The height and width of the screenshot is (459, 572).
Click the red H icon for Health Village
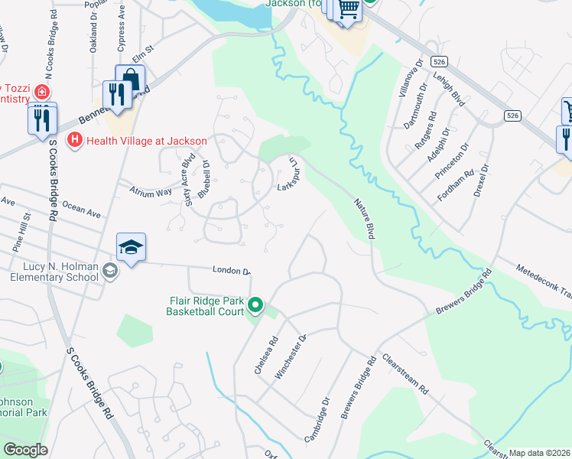tap(75, 140)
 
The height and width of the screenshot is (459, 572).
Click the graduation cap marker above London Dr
tap(131, 247)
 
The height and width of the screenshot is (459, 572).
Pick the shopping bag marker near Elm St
tap(131, 79)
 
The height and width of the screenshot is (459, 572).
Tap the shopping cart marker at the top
tap(349, 9)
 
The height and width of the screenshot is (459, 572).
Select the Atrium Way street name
tap(153, 193)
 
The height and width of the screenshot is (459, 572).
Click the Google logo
tap(25, 450)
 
